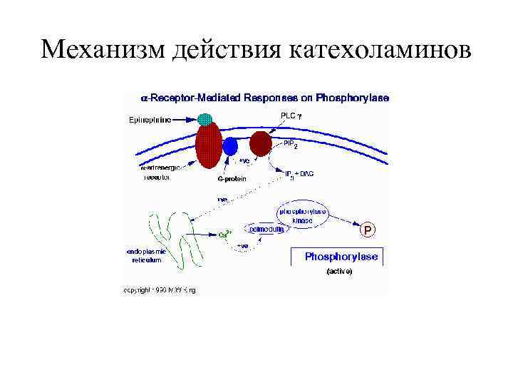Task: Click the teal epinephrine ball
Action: [x=205, y=119]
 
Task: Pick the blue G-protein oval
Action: [x=230, y=147]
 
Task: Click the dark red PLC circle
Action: [x=261, y=143]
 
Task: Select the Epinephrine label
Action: [x=150, y=120]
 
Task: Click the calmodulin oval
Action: [x=266, y=230]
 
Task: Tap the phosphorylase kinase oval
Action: [x=303, y=216]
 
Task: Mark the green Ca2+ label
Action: [x=223, y=233]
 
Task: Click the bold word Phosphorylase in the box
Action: [x=341, y=257]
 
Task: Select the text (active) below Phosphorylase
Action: [x=338, y=272]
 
